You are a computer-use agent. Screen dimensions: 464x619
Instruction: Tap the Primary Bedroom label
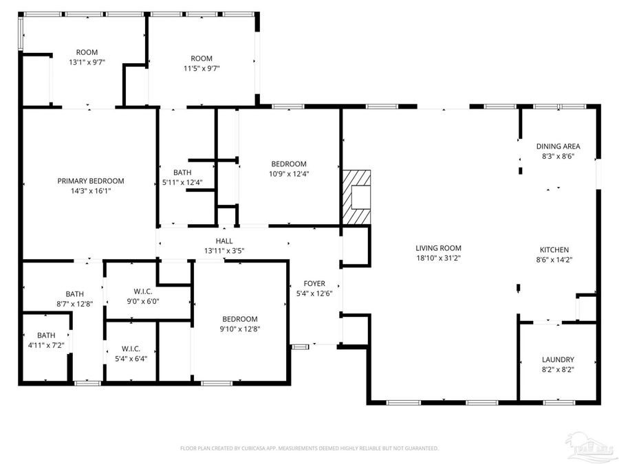pyautogui.click(x=91, y=181)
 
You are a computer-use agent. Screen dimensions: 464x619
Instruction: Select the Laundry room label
pyautogui.click(x=558, y=360)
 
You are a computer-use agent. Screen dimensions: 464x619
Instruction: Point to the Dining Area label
pyautogui.click(x=558, y=146)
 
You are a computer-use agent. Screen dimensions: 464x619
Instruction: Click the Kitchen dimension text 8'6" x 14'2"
pyautogui.click(x=554, y=260)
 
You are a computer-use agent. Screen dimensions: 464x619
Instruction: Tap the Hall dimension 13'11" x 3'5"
pyautogui.click(x=224, y=251)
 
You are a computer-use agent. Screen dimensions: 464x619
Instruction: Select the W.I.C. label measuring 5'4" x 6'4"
pyautogui.click(x=130, y=358)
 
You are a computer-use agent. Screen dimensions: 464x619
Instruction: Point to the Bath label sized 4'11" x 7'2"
pyautogui.click(x=46, y=344)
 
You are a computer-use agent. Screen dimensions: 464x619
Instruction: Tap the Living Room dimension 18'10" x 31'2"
pyautogui.click(x=438, y=258)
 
